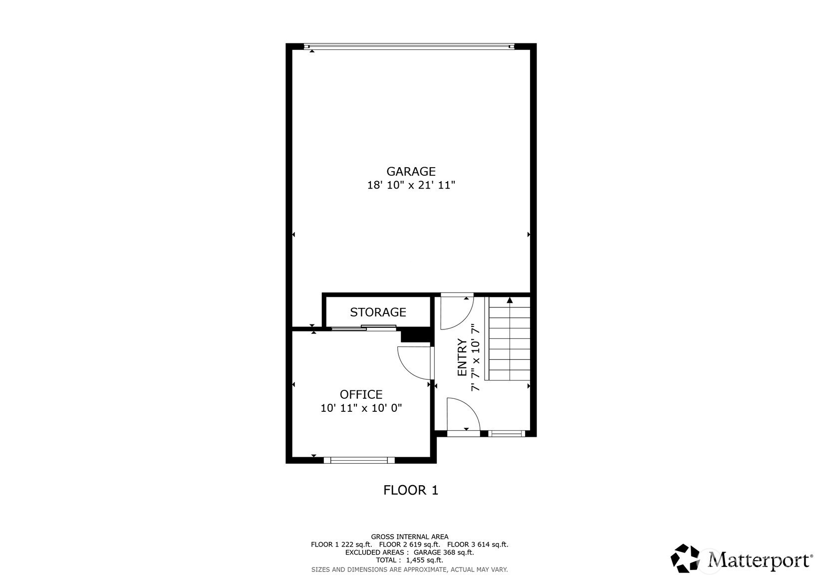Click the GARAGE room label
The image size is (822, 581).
(411, 171)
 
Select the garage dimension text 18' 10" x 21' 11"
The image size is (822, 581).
(411, 185)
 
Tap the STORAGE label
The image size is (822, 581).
(378, 312)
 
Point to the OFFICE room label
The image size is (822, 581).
(361, 394)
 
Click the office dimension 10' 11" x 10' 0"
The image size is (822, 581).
(361, 408)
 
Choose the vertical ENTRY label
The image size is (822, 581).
(462, 357)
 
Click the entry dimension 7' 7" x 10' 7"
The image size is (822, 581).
(476, 357)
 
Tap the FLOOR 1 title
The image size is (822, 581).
(411, 490)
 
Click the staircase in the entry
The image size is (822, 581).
(508, 338)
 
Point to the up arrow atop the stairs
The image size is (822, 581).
(510, 300)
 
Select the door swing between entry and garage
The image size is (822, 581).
(457, 311)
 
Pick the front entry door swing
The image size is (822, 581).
(464, 414)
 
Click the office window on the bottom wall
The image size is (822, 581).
(359, 460)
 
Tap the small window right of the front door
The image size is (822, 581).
(507, 434)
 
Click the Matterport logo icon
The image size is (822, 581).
(685, 559)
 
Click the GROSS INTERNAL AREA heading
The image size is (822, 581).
(410, 537)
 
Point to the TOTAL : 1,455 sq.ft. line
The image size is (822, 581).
(410, 560)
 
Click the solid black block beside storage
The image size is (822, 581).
(416, 335)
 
